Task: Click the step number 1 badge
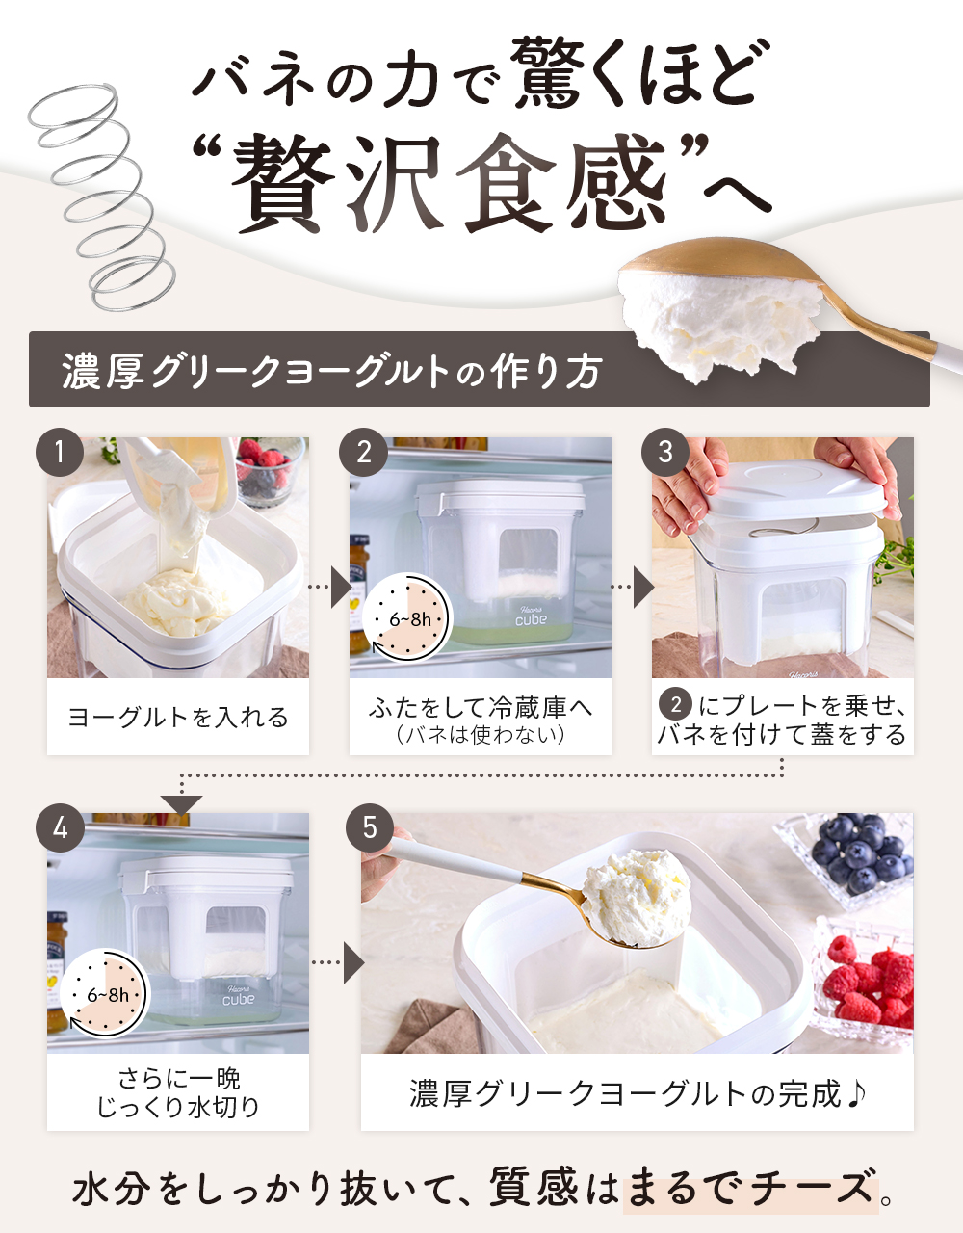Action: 60,452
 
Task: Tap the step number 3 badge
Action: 665,452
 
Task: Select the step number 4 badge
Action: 60,827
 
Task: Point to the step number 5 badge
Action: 370,827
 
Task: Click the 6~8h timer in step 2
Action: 406,618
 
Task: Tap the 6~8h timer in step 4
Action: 105,994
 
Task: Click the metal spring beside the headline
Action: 102,196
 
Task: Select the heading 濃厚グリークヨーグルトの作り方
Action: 332,372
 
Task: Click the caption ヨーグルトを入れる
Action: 178,718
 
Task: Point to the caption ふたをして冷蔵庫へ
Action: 481,708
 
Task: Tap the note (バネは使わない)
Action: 481,735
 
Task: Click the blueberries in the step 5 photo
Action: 862,854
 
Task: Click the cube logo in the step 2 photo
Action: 531,617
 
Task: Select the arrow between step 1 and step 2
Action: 330,588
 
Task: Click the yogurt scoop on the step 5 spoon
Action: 637,897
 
